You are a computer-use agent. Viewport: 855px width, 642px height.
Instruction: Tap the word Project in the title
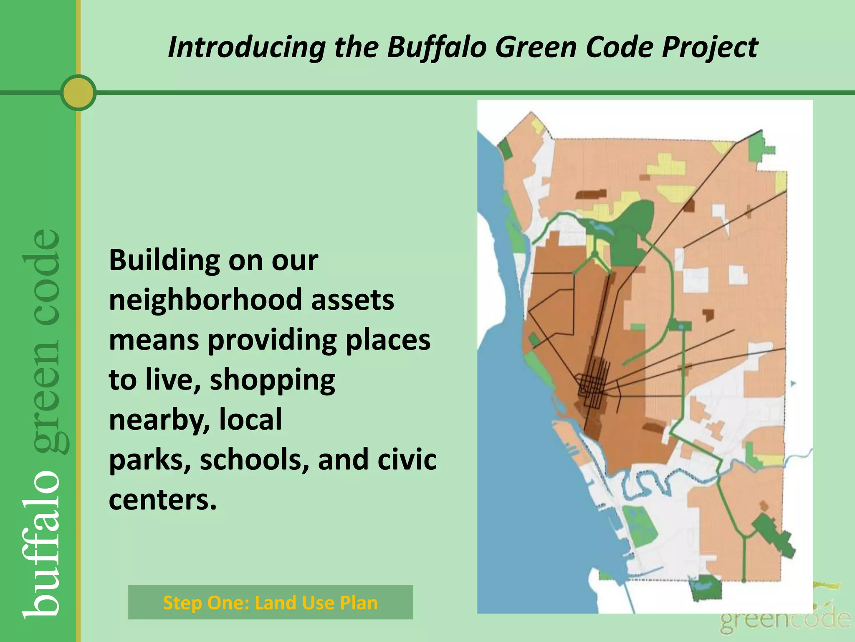[x=710, y=47]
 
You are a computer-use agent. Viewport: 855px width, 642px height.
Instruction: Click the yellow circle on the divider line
[x=78, y=92]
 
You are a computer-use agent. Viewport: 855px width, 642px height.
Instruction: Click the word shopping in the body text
[x=272, y=380]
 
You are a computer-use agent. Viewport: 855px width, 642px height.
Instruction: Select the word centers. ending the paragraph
[x=163, y=499]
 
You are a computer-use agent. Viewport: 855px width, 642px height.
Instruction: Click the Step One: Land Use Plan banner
[x=271, y=602]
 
